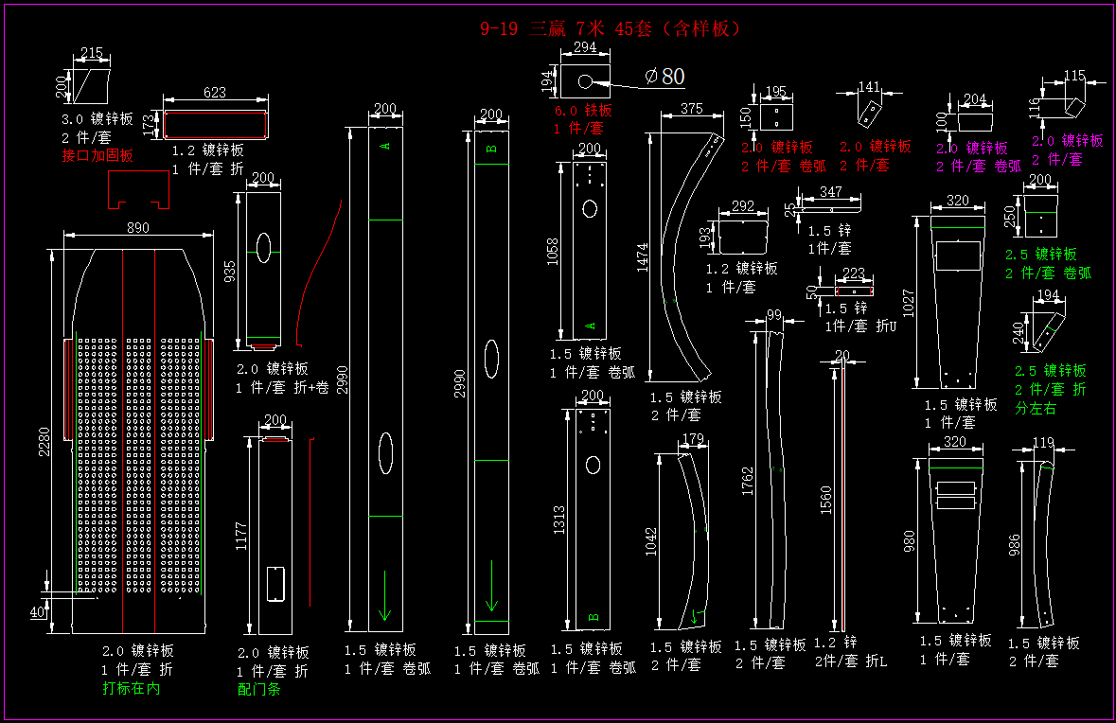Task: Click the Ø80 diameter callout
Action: click(664, 77)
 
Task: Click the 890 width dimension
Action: click(137, 227)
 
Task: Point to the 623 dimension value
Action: click(215, 93)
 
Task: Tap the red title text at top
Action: click(611, 29)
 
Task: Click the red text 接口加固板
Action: click(97, 155)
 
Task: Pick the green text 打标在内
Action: click(132, 688)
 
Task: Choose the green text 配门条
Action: click(258, 690)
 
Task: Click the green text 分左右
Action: click(1036, 408)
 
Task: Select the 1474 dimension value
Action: click(643, 256)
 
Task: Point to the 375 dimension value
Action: click(691, 109)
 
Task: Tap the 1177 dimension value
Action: click(241, 536)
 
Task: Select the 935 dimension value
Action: click(230, 273)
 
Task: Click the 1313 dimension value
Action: click(559, 519)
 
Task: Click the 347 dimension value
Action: click(830, 192)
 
